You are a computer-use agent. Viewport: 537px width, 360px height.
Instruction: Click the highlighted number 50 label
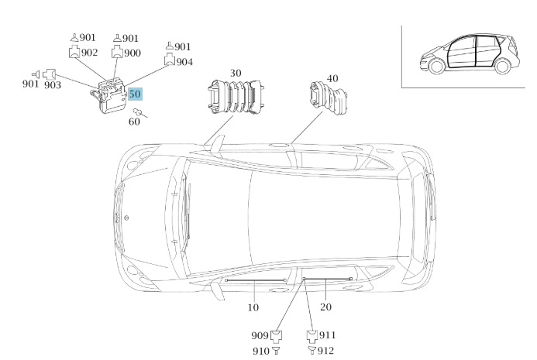click(135, 94)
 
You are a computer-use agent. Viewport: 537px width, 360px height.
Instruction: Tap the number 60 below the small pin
click(134, 122)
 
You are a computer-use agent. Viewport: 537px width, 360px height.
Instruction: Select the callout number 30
click(236, 73)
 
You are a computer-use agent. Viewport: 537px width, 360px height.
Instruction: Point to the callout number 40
click(332, 78)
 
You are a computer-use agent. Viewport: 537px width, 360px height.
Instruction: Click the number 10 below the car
click(253, 307)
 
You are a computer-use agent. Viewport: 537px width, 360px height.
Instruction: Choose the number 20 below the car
click(325, 307)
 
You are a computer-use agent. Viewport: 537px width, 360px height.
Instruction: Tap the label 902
click(89, 53)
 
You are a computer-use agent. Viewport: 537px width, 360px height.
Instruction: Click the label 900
click(133, 53)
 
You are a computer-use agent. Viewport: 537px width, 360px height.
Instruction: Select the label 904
click(184, 62)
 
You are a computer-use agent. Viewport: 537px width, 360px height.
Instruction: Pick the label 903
click(53, 85)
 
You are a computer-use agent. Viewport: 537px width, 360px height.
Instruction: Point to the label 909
click(260, 335)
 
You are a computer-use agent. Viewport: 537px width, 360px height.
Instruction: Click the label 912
click(325, 351)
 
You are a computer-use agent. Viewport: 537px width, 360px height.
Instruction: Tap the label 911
click(328, 335)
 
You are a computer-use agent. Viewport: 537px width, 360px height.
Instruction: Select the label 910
click(261, 351)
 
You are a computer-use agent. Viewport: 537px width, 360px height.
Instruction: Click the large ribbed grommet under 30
click(236, 97)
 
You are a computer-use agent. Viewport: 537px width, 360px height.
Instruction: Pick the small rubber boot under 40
click(329, 98)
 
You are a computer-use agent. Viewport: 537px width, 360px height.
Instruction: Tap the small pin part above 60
click(139, 112)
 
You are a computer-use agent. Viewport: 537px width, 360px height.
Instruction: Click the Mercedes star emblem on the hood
click(126, 218)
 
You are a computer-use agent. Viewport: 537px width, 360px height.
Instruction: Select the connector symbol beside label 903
click(50, 74)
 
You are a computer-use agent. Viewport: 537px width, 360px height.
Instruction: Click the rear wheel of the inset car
click(502, 66)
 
